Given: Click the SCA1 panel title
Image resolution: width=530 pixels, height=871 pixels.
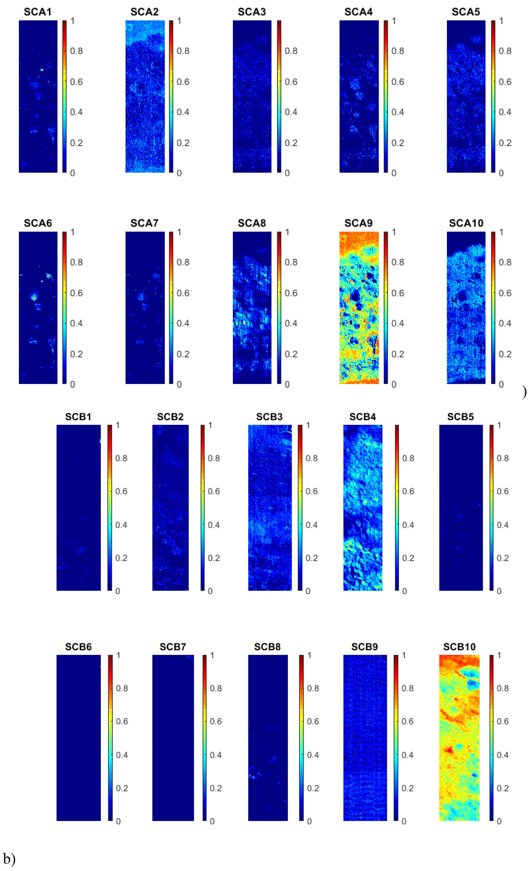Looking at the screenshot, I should tap(38, 12).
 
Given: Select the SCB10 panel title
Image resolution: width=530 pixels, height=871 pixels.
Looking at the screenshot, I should tap(459, 647).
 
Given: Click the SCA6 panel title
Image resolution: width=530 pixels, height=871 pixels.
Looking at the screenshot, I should tap(38, 223).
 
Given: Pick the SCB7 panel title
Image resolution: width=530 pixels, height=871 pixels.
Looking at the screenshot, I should tap(172, 647).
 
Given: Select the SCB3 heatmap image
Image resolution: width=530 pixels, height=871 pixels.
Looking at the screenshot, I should tap(270, 508).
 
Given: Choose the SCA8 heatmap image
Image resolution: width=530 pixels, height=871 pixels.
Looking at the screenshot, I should tap(252, 307).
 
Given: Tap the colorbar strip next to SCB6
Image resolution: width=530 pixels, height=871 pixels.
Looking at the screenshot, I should tap(110, 738).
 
